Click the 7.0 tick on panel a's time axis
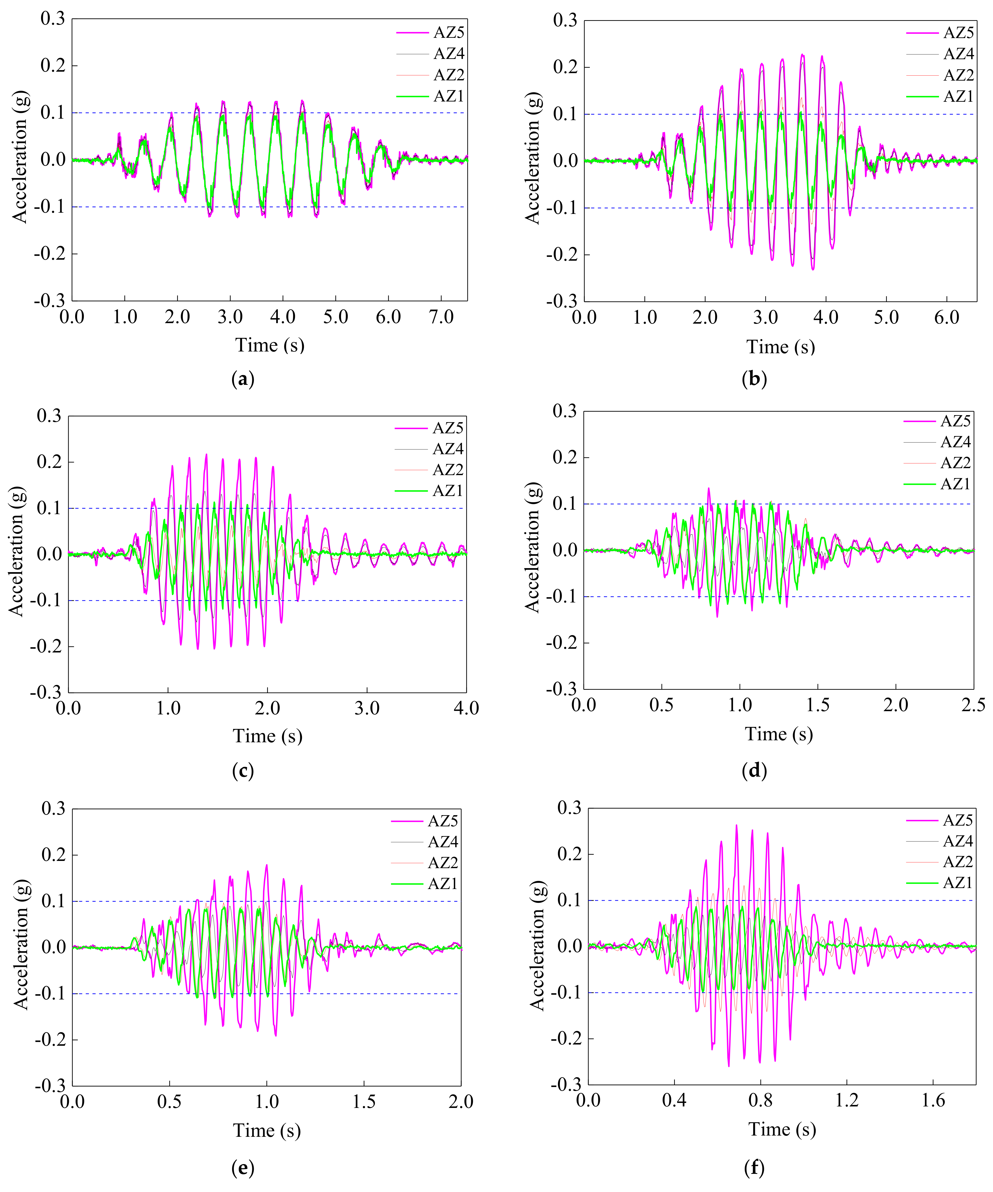pyautogui.click(x=441, y=317)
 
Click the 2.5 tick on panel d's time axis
pyautogui.click(x=973, y=705)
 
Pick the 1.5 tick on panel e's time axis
pyautogui.click(x=364, y=1102)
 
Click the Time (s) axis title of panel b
pyautogui.click(x=781, y=347)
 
